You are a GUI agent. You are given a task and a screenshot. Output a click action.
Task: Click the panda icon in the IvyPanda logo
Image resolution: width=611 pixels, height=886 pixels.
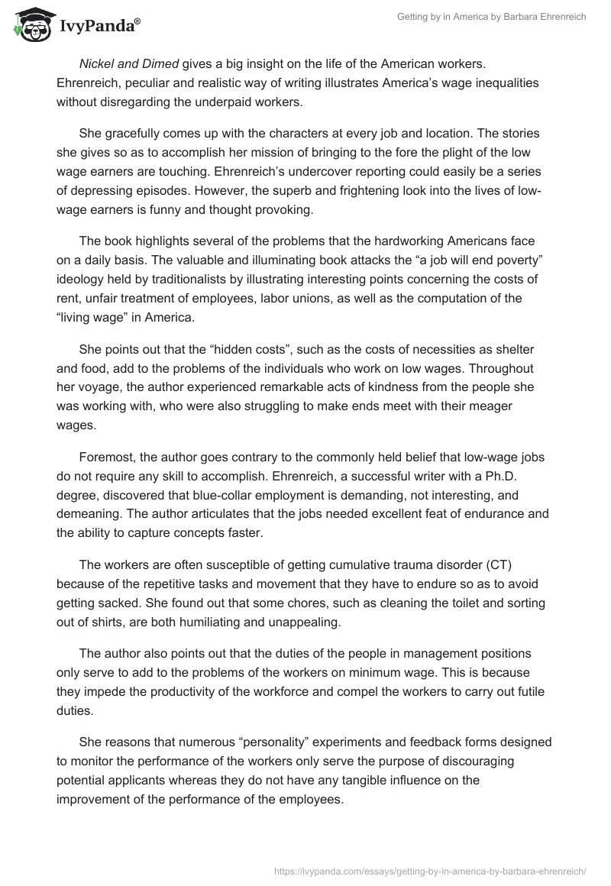click(30, 24)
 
